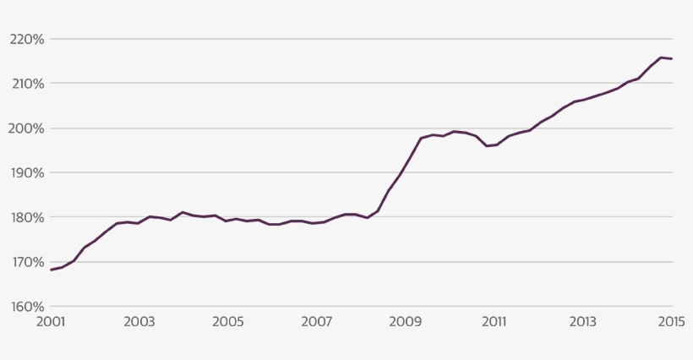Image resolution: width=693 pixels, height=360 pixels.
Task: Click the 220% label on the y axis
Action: click(x=27, y=39)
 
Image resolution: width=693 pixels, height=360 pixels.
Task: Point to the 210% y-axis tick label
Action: click(x=27, y=84)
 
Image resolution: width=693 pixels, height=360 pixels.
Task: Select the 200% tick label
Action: click(x=27, y=128)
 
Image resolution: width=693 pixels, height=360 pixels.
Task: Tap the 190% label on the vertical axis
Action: click(x=27, y=173)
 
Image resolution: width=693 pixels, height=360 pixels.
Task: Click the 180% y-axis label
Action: click(x=27, y=217)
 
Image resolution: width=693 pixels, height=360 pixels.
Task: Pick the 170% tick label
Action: click(x=27, y=262)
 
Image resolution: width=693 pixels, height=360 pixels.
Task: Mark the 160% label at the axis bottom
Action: click(x=27, y=307)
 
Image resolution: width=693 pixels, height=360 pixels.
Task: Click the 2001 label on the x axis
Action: click(x=51, y=322)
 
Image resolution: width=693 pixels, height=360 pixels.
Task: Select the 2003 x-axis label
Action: click(x=139, y=322)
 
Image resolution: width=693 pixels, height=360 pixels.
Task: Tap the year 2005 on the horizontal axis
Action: click(x=228, y=322)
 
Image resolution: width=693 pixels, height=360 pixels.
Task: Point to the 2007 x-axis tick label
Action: click(x=317, y=322)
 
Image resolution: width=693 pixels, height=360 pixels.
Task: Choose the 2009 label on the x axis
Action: click(x=406, y=322)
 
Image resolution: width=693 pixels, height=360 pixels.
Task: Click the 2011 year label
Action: click(x=494, y=322)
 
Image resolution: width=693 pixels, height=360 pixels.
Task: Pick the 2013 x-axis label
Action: click(x=582, y=322)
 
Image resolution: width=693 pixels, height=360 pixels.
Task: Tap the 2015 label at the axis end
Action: click(x=671, y=322)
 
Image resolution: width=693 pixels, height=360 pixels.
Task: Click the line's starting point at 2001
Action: click(x=52, y=270)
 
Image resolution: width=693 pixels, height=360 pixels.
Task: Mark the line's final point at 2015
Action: click(x=672, y=58)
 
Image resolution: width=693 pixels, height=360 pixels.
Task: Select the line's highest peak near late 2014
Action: click(x=661, y=57)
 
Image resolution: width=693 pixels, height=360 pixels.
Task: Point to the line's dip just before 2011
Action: click(x=488, y=146)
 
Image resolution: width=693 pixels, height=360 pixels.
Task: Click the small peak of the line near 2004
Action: click(x=183, y=212)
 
